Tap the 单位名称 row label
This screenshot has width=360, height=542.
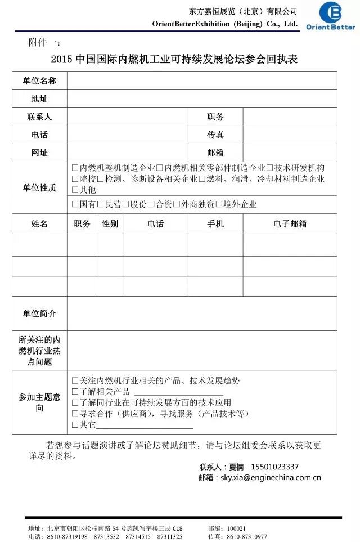tap(39, 80)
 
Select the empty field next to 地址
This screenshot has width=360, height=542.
tap(202, 98)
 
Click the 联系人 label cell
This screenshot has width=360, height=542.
tap(39, 117)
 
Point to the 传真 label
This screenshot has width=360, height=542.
tap(215, 135)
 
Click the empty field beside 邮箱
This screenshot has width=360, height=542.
tap(290, 153)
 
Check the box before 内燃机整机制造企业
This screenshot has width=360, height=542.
tap(75, 168)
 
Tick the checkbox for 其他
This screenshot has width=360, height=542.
tap(75, 190)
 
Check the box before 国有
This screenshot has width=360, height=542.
tap(75, 204)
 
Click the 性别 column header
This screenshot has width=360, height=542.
tap(110, 223)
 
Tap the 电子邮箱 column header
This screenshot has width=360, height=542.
tap(290, 223)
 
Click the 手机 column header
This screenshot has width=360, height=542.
tap(215, 223)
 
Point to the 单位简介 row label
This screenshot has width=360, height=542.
tap(39, 313)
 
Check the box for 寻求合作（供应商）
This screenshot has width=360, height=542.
tap(75, 413)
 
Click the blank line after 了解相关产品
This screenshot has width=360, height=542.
tap(174, 392)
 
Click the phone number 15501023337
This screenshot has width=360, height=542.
tap(274, 467)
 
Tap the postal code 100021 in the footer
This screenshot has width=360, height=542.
tap(236, 528)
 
